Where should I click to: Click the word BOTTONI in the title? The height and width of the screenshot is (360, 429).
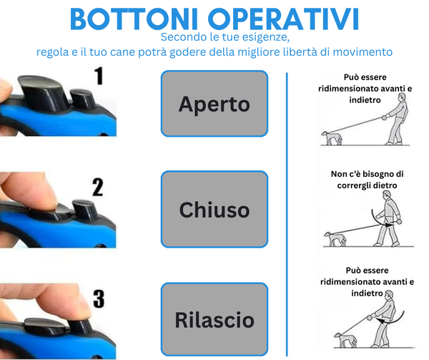pyautogui.click(x=134, y=19)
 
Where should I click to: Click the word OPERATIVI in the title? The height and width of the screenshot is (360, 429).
pyautogui.click(x=283, y=19)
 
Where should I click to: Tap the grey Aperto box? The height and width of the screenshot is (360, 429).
pyautogui.click(x=214, y=104)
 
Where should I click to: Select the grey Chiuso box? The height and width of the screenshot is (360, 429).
pyautogui.click(x=214, y=210)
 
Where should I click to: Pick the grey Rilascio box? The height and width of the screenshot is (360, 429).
pyautogui.click(x=214, y=319)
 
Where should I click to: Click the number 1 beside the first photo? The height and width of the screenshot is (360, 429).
pyautogui.click(x=99, y=76)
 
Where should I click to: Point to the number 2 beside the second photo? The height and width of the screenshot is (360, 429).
pyautogui.click(x=98, y=188)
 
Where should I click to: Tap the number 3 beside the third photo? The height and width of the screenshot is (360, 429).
pyautogui.click(x=99, y=298)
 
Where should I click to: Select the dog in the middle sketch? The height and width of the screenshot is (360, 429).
pyautogui.click(x=335, y=239)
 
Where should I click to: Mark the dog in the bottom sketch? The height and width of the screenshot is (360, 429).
pyautogui.click(x=345, y=340)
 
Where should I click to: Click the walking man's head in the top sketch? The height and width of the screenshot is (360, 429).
pyautogui.click(x=402, y=97)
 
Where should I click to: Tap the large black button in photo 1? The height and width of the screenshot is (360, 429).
pyautogui.click(x=43, y=92)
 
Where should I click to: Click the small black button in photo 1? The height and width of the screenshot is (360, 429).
pyautogui.click(x=82, y=99)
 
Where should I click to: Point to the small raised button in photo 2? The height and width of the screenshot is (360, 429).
pyautogui.click(x=85, y=210)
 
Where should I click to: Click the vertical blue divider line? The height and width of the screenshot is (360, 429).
pyautogui.click(x=287, y=214)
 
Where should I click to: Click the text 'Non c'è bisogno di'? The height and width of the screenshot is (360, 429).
pyautogui.click(x=367, y=174)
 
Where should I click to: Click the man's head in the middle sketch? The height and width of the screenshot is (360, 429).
pyautogui.click(x=387, y=195)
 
